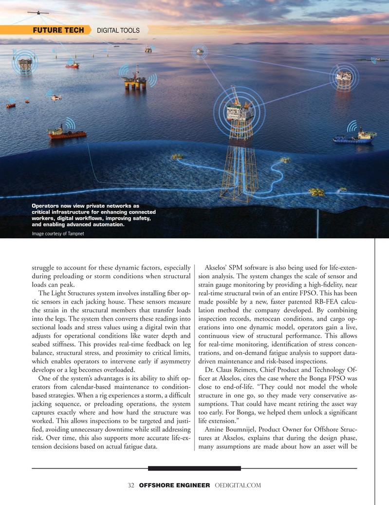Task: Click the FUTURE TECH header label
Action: [58, 31]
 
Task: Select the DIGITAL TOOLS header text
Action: [118, 31]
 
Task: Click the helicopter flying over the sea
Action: [56, 97]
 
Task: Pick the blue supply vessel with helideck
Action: [354, 138]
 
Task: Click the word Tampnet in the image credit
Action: [74, 234]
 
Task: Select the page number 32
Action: [130, 486]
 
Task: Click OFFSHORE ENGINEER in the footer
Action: [174, 486]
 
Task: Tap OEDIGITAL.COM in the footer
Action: [238, 486]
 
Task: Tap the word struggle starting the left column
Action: [44, 268]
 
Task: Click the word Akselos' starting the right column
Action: [218, 268]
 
